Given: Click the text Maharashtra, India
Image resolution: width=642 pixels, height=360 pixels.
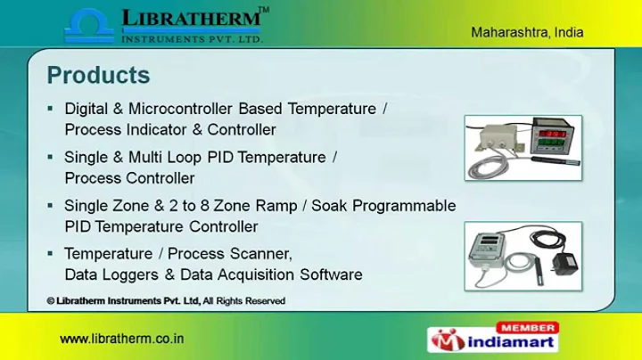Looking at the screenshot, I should [x=527, y=32].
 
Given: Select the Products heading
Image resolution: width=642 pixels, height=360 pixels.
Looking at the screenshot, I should [x=98, y=74].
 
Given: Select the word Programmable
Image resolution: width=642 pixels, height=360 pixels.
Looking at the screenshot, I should [x=406, y=206].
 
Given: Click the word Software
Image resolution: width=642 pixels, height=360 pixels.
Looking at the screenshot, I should [x=331, y=274].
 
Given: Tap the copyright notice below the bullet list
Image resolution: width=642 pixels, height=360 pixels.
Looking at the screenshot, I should [x=166, y=301].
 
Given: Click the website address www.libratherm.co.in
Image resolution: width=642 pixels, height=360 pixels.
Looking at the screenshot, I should [x=122, y=340].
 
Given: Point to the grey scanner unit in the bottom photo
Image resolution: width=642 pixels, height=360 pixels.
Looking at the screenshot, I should [x=496, y=253].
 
